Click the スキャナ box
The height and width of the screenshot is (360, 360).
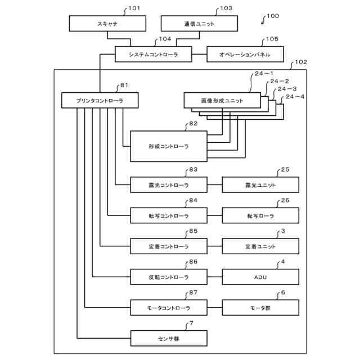click(x=107, y=24)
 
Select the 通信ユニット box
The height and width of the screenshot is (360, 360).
click(x=199, y=24)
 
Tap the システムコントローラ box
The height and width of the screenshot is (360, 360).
click(x=154, y=54)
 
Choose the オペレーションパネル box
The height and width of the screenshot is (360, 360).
click(x=245, y=54)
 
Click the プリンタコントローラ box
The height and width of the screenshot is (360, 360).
click(x=100, y=100)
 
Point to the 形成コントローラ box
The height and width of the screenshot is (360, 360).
click(x=169, y=146)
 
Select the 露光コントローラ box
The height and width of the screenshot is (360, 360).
click(x=169, y=184)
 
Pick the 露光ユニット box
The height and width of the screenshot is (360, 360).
click(x=260, y=184)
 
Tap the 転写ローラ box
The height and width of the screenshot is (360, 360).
click(x=260, y=215)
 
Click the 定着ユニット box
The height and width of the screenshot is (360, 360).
click(x=260, y=246)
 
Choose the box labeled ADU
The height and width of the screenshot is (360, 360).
click(x=260, y=277)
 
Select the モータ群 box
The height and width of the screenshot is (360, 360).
click(x=260, y=308)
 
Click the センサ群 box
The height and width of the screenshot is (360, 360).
click(x=169, y=339)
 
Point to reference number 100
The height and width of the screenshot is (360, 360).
click(x=273, y=16)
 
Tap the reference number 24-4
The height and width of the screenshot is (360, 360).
click(x=295, y=97)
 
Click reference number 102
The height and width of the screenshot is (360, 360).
click(x=301, y=62)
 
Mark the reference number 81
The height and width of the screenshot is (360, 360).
click(x=124, y=85)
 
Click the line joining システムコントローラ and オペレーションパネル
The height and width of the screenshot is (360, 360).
click(x=199, y=55)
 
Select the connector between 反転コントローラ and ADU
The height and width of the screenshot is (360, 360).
click(x=215, y=277)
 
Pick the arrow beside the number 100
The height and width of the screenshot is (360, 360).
click(x=264, y=20)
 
